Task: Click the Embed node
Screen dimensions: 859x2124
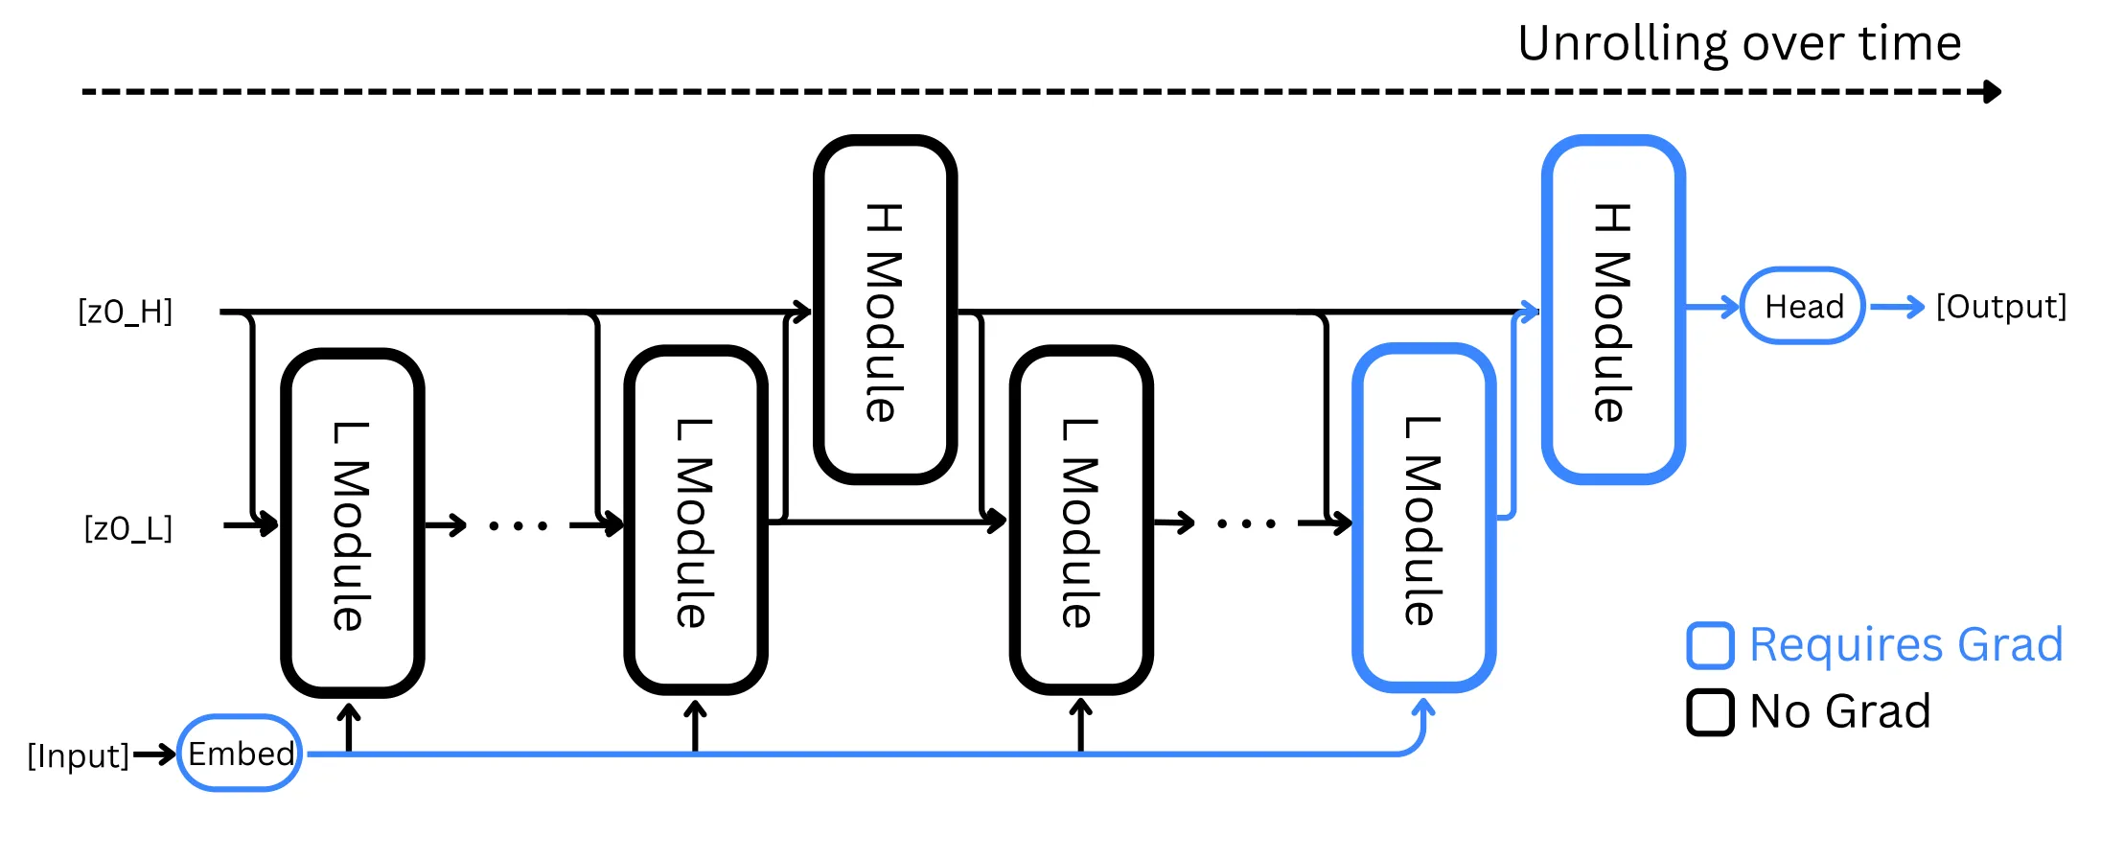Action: point(240,754)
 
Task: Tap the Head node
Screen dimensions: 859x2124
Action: point(1802,307)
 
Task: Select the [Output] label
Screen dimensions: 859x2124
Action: point(2001,307)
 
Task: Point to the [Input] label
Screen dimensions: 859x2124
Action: point(79,755)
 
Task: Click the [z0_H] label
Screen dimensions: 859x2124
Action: point(126,312)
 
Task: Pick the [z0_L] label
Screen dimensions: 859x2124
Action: point(128,528)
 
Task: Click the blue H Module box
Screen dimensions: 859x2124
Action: point(1613,310)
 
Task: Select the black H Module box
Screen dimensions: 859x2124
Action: point(885,310)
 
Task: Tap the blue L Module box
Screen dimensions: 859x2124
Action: point(1423,519)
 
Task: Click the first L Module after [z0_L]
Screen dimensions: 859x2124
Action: point(352,522)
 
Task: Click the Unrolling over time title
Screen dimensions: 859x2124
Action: point(1739,44)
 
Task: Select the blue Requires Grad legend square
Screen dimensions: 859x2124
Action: point(1710,645)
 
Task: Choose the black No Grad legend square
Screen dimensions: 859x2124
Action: point(1710,712)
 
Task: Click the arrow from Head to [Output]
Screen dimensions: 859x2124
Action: point(1897,307)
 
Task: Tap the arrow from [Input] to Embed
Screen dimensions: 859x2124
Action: point(153,755)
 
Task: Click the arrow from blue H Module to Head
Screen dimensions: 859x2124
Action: point(1712,307)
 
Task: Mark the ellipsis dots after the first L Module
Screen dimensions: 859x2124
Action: point(518,525)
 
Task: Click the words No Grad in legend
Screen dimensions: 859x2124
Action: point(1839,712)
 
